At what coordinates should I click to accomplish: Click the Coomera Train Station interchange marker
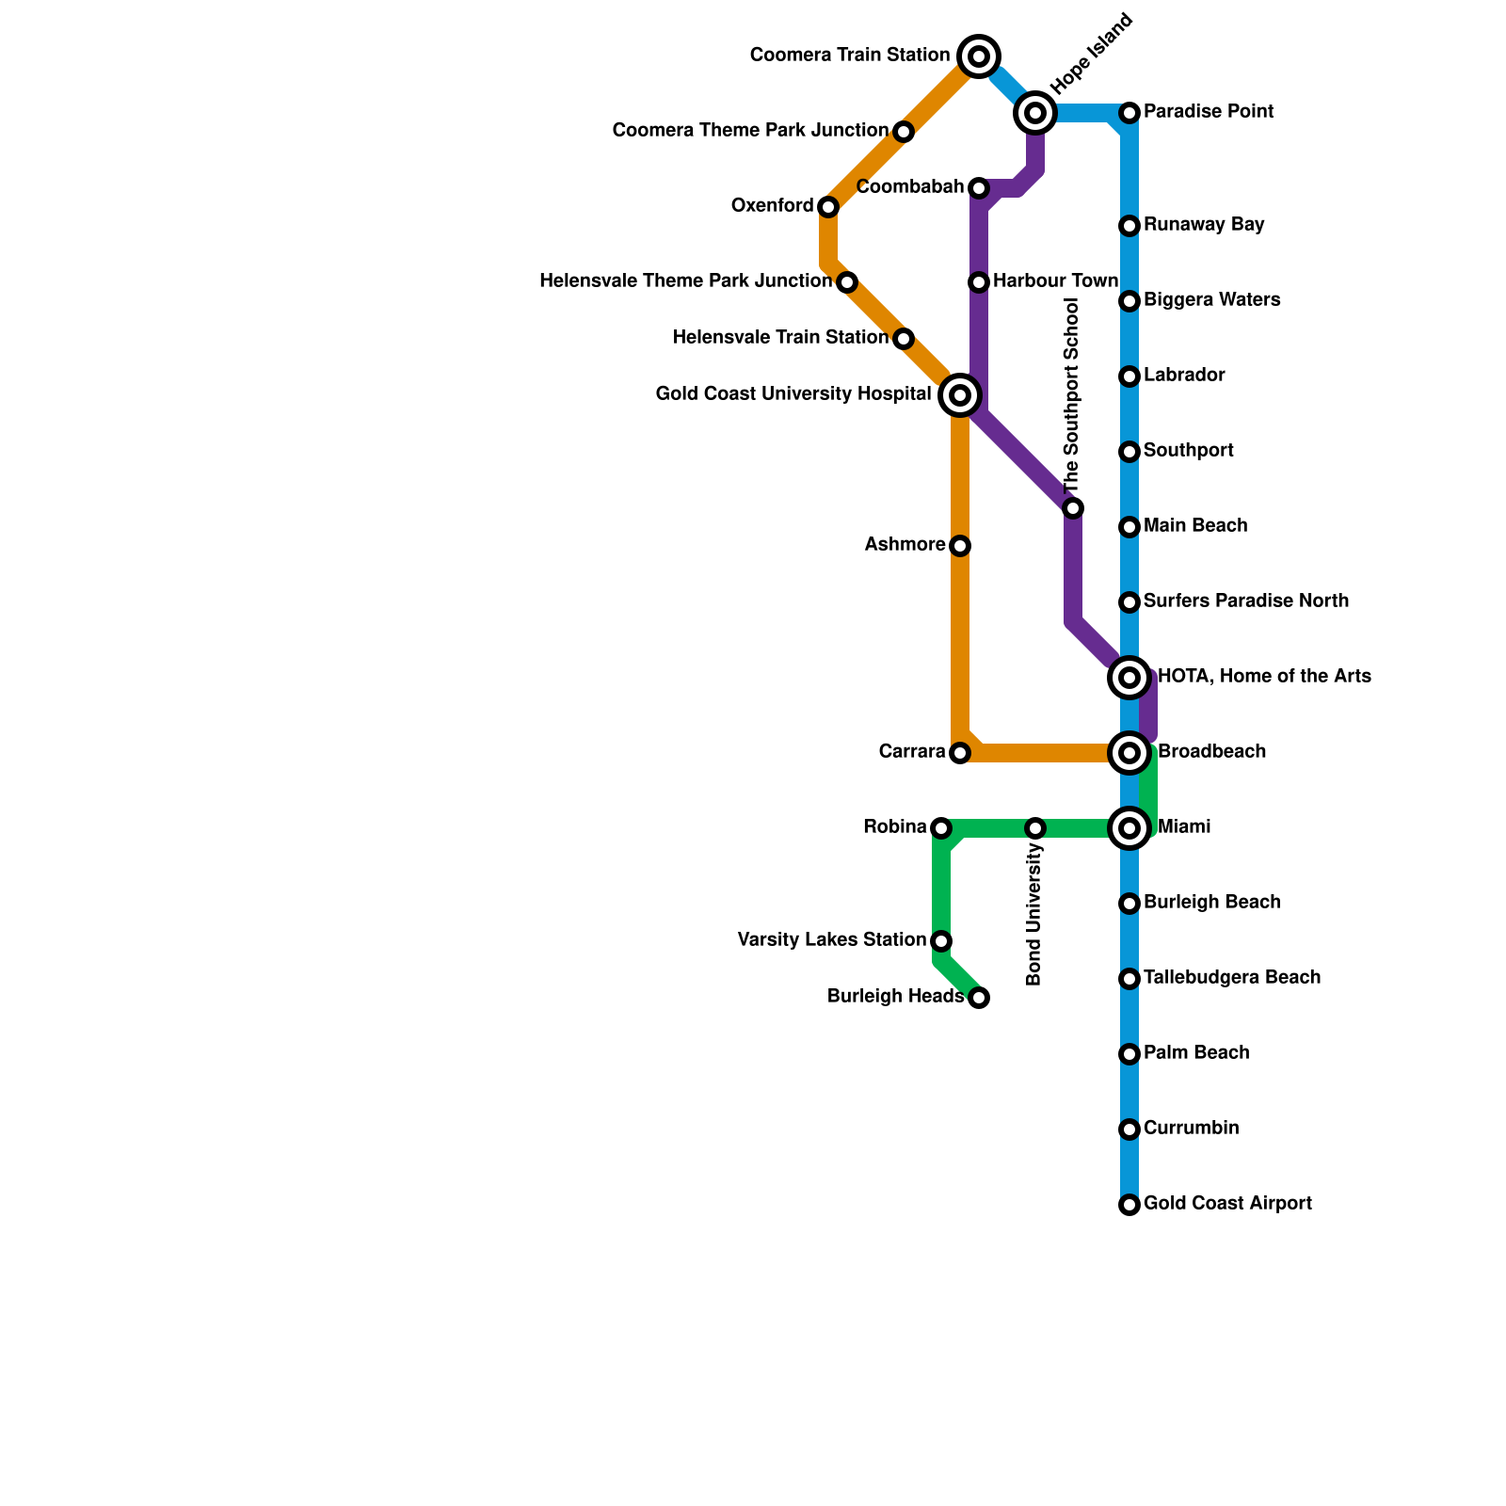(x=979, y=56)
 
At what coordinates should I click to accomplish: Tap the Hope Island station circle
(x=1035, y=113)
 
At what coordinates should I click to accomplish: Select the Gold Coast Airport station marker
(x=1129, y=1205)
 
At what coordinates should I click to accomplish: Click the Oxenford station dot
(x=828, y=207)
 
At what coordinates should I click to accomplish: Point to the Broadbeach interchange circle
(x=1129, y=753)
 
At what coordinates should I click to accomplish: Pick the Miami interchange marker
(x=1129, y=828)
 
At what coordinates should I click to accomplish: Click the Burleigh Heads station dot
(x=979, y=998)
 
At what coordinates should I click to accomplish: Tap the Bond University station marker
(x=1035, y=828)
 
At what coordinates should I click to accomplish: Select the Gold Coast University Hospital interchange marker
(x=960, y=395)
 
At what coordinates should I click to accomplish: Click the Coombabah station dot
(x=979, y=188)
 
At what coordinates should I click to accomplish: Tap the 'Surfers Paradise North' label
(x=1246, y=601)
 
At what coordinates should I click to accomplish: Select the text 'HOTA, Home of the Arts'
(x=1264, y=677)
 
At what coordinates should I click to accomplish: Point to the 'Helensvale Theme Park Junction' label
(x=685, y=281)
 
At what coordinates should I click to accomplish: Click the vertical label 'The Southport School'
(x=1071, y=395)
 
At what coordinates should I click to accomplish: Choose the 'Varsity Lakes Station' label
(x=832, y=940)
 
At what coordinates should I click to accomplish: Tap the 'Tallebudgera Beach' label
(x=1232, y=978)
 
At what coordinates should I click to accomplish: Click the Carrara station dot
(x=960, y=753)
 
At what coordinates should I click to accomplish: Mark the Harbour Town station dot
(x=979, y=282)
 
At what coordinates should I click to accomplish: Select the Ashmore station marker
(x=960, y=546)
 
